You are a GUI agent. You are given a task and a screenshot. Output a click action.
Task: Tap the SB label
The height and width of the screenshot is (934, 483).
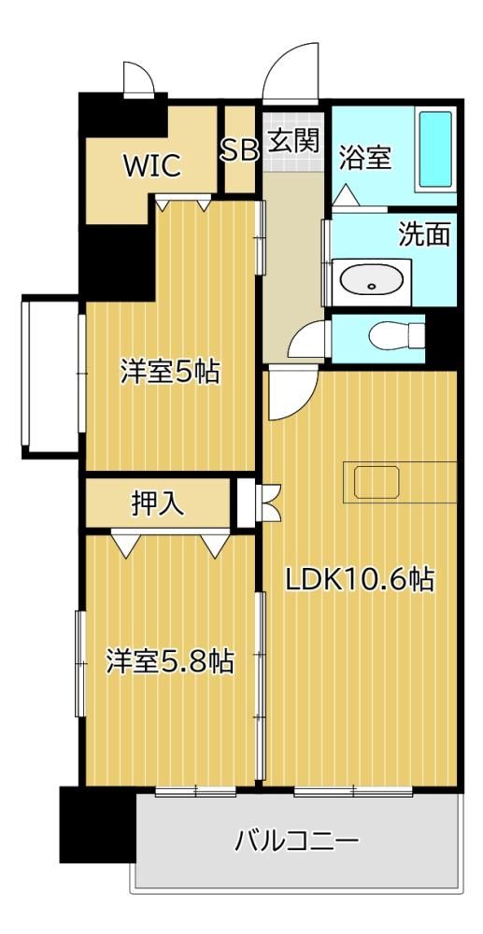tap(239, 150)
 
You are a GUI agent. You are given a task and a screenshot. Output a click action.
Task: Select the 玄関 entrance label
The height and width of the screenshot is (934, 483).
tap(293, 141)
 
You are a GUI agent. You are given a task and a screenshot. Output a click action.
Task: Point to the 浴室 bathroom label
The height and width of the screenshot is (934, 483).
tap(365, 158)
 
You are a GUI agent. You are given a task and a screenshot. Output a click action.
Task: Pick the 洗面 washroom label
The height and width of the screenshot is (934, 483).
tap(423, 235)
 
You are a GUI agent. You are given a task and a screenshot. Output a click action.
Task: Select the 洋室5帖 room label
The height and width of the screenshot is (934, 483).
tap(170, 373)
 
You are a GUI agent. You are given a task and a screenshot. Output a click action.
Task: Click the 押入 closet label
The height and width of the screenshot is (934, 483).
tap(157, 504)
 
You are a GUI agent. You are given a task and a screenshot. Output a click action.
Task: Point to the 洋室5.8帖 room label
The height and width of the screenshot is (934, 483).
tap(170, 661)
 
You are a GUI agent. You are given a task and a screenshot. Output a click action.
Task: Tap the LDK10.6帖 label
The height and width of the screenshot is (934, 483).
tap(359, 580)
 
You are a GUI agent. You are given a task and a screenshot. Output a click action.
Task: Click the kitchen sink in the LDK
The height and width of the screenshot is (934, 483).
tap(376, 482)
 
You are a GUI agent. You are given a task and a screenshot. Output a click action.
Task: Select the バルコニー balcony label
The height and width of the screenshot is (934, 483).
tap(297, 842)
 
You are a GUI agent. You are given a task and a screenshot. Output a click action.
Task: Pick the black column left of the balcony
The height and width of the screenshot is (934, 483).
tap(98, 825)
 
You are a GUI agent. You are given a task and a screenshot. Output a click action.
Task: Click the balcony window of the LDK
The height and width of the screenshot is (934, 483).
tap(353, 792)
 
